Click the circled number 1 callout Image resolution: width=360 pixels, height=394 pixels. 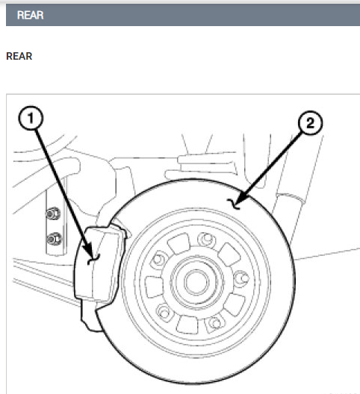pos(31,118)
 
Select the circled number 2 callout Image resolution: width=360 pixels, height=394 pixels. pos(310,123)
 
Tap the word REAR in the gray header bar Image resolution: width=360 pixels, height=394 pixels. pos(30,15)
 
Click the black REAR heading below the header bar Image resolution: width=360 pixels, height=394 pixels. pos(19,56)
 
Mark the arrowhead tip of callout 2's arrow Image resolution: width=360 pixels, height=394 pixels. pos(235,204)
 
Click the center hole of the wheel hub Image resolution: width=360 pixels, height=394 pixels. pos(196,282)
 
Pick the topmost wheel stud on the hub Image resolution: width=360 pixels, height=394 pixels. pos(207,240)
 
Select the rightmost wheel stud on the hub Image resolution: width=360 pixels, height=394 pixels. pos(242,278)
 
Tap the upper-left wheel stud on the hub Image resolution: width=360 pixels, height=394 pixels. pos(158,260)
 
